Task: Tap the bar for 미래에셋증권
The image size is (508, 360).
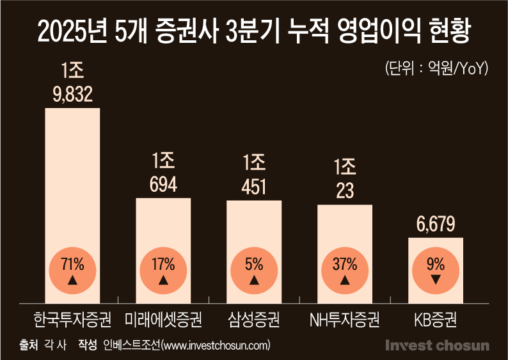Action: pyautogui.click(x=163, y=224)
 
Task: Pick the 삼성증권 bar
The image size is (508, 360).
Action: pyautogui.click(x=254, y=224)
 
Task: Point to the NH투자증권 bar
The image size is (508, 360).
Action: pyautogui.click(x=345, y=227)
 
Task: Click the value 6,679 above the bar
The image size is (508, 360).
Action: pyautogui.click(x=436, y=224)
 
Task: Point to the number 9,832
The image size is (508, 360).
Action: pyautogui.click(x=72, y=95)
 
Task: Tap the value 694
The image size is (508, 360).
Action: pyautogui.click(x=163, y=185)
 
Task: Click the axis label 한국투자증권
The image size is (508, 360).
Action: pyautogui.click(x=72, y=318)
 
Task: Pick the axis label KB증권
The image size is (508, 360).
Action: pyautogui.click(x=436, y=318)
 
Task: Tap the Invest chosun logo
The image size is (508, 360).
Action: pyautogui.click(x=437, y=345)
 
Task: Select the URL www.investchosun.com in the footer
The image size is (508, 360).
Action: pyautogui.click(x=216, y=345)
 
